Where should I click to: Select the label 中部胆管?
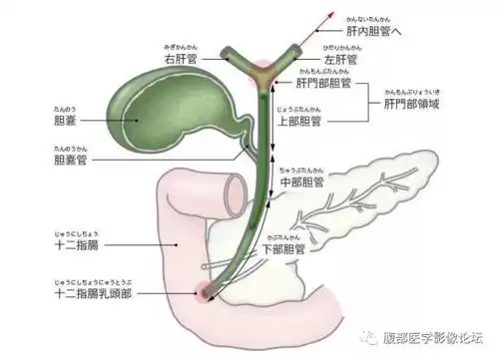(x=303, y=182)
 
